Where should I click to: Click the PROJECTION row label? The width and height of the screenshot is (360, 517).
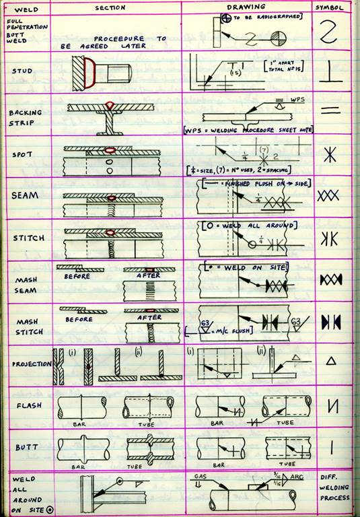pyautogui.click(x=26, y=364)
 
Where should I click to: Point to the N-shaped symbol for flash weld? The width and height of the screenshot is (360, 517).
pyautogui.click(x=333, y=405)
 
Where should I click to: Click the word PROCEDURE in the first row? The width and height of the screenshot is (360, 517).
pyautogui.click(x=119, y=39)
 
